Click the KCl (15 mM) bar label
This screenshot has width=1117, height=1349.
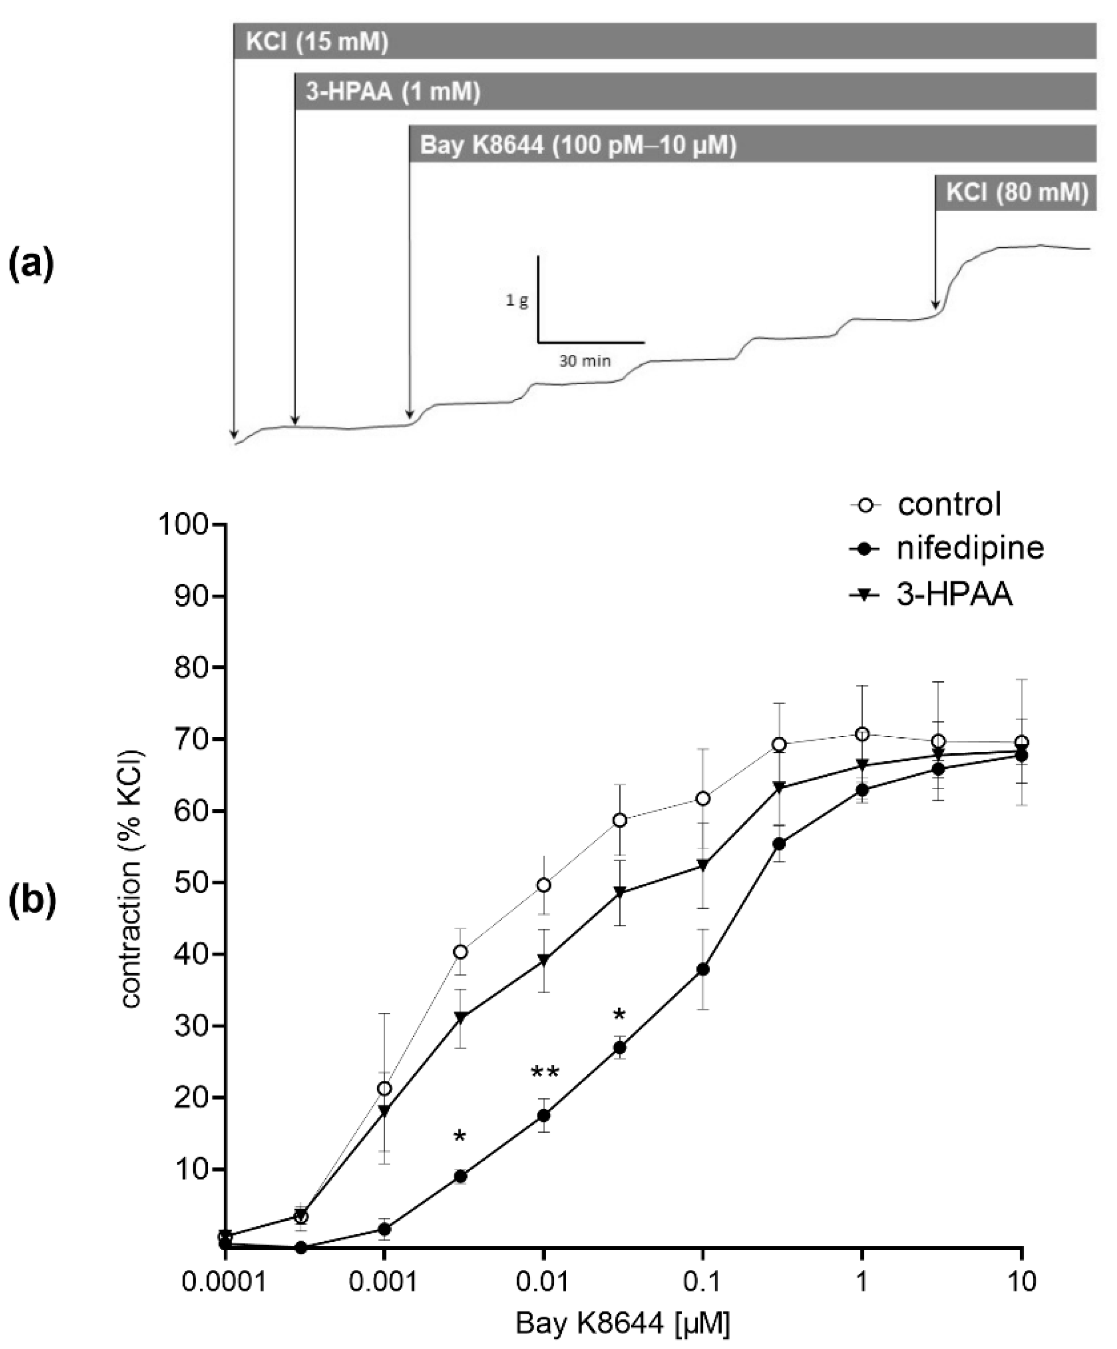[317, 43]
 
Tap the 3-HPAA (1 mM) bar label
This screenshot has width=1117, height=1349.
[393, 93]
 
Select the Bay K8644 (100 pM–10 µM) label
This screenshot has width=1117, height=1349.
[577, 145]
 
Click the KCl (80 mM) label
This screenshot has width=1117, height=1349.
[1017, 193]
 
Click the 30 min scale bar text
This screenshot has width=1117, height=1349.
[584, 361]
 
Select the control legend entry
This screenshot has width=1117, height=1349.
[949, 504]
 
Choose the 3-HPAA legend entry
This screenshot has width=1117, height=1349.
[955, 595]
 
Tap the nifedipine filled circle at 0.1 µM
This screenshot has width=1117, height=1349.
[703, 969]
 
